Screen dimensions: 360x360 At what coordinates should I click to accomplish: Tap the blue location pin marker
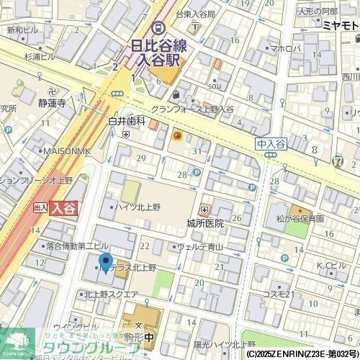click(x=105, y=264)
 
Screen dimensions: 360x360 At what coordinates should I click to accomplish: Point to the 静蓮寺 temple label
click(x=52, y=103)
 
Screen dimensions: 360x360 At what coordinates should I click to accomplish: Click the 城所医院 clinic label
click(x=204, y=222)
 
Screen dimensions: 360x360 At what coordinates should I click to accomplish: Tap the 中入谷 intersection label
click(x=270, y=144)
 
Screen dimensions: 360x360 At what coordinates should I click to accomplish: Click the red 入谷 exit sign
click(x=63, y=207)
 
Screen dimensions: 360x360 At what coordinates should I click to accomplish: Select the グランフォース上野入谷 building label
click(x=191, y=109)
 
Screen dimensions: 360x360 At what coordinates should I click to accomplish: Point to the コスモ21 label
click(x=276, y=294)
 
